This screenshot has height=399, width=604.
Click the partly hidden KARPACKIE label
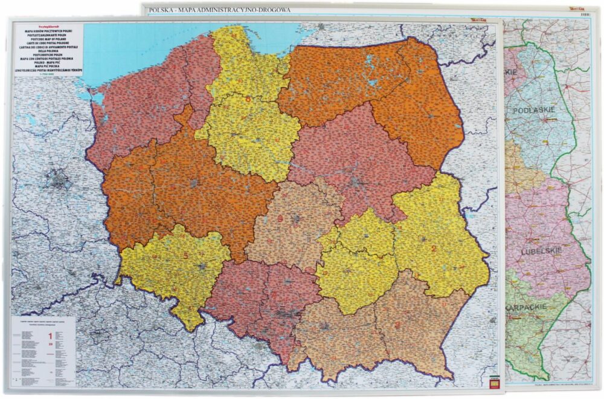pyautogui.click(x=524, y=307)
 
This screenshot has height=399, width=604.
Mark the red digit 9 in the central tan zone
pyautogui.click(x=280, y=218)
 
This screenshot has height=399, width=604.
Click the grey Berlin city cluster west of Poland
pyautogui.click(x=59, y=180)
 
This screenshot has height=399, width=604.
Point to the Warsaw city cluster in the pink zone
pyautogui.click(x=356, y=181)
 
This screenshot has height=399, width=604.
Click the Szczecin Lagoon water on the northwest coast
pyautogui.click(x=98, y=98)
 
